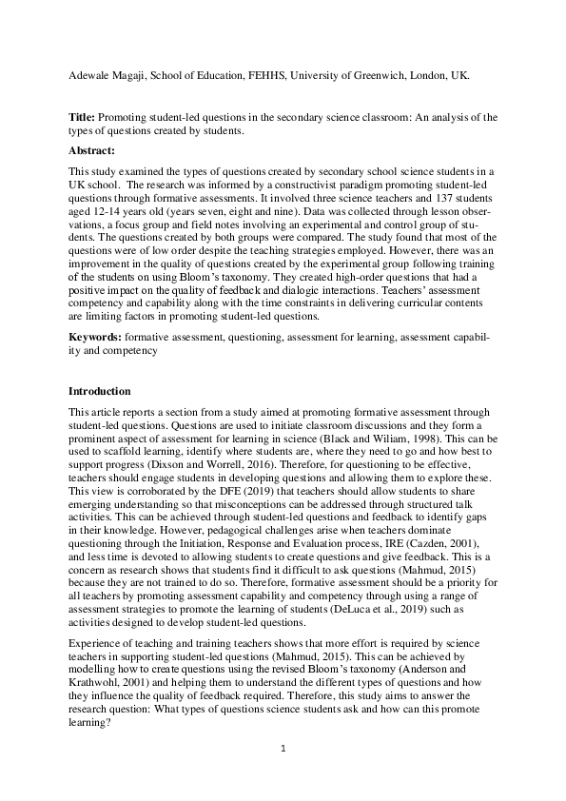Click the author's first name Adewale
click(x=91, y=74)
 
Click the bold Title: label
click(x=82, y=117)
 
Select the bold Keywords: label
click(x=96, y=338)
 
